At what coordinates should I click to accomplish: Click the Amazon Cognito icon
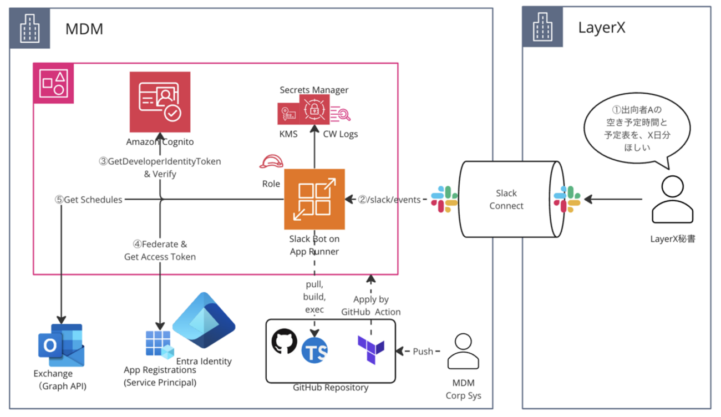[160, 101]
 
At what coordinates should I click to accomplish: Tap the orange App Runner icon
[314, 199]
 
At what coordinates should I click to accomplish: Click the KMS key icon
[288, 114]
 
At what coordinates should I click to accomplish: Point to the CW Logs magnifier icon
[341, 114]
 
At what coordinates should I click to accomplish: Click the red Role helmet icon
[271, 162]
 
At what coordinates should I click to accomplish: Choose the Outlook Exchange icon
[60, 345]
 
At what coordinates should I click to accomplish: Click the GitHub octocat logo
[285, 341]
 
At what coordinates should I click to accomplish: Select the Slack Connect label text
[506, 199]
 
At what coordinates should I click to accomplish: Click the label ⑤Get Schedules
[89, 200]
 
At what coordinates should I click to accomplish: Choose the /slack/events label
[388, 200]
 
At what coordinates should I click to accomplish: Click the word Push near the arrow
[423, 351]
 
